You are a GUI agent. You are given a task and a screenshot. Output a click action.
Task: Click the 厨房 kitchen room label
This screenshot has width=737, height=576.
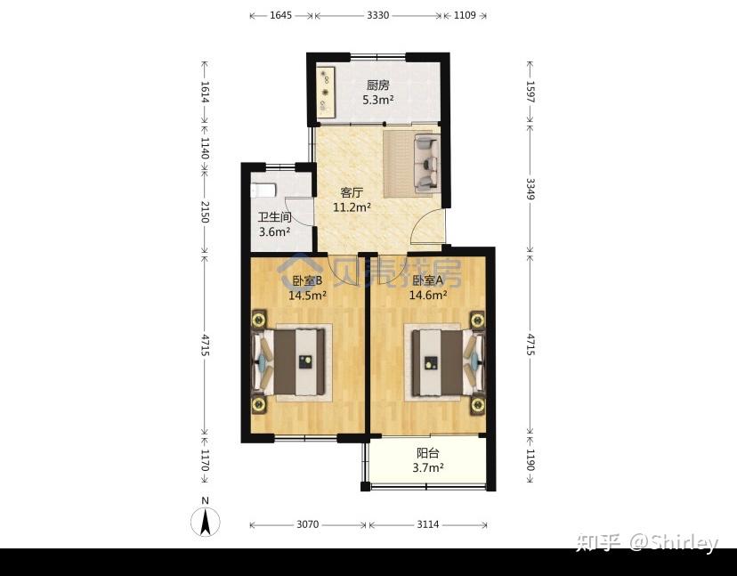point(378,85)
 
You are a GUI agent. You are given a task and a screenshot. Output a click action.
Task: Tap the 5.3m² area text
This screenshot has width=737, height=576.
point(378,100)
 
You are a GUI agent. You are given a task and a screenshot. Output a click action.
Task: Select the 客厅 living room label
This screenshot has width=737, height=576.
point(352,193)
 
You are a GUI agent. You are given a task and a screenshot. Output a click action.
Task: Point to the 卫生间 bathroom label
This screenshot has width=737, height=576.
point(274,217)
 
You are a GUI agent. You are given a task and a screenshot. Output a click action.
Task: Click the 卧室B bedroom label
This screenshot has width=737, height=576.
point(307,280)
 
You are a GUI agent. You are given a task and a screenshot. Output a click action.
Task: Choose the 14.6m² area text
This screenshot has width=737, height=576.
point(428,296)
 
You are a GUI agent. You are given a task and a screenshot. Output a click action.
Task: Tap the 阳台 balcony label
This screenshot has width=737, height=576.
point(428,453)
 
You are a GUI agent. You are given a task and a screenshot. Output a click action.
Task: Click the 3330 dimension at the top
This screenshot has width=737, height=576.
point(378,15)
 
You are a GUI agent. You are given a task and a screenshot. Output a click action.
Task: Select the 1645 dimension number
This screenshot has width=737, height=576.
point(280,15)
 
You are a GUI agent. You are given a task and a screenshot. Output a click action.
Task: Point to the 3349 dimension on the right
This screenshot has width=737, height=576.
point(530,189)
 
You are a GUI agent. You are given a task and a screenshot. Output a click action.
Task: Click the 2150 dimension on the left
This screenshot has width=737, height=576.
point(205,212)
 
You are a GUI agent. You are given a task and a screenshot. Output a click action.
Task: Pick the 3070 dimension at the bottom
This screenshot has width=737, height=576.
point(307,524)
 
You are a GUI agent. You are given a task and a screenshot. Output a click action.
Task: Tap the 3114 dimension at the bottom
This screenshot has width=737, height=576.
point(428,524)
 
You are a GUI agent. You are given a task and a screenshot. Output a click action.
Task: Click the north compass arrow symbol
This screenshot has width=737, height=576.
point(205,522)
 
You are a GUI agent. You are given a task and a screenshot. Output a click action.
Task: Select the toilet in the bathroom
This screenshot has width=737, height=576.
point(263,190)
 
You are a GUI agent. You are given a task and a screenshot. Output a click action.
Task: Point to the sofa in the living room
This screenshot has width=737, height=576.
point(426,163)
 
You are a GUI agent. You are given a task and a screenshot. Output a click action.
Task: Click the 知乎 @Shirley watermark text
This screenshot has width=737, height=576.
point(647,542)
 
